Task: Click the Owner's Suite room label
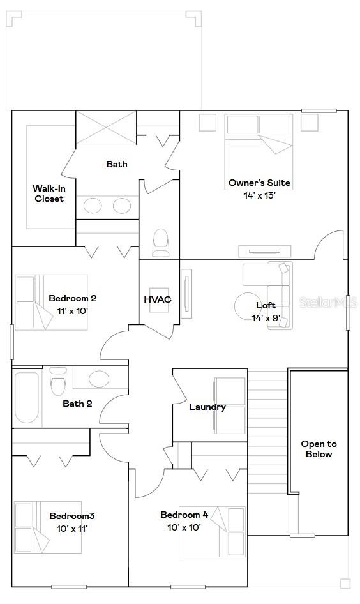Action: pyautogui.click(x=259, y=183)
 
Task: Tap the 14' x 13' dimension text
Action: pyautogui.click(x=259, y=195)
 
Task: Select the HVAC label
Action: pyautogui.click(x=157, y=299)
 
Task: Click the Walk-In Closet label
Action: pyautogui.click(x=49, y=193)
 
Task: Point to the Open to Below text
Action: pyautogui.click(x=319, y=449)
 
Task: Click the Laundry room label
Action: pyautogui.click(x=207, y=407)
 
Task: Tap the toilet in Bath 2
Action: pyautogui.click(x=58, y=382)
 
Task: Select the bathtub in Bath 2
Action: pyautogui.click(x=27, y=397)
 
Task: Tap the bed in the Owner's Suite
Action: pyautogui.click(x=259, y=144)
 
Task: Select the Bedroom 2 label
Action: pyautogui.click(x=72, y=298)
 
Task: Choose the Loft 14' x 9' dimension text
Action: pyautogui.click(x=266, y=318)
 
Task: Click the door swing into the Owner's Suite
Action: pyautogui.click(x=332, y=246)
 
